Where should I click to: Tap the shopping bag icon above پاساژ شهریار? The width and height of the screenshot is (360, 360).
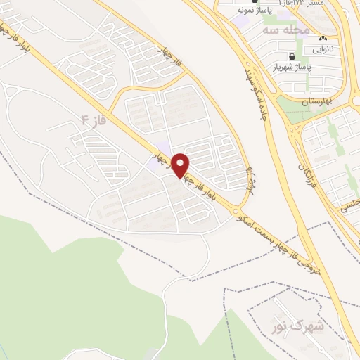coord(291,56)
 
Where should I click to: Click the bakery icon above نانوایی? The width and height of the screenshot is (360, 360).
coord(323,39)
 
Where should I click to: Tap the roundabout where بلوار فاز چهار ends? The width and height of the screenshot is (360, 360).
coord(235,211)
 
